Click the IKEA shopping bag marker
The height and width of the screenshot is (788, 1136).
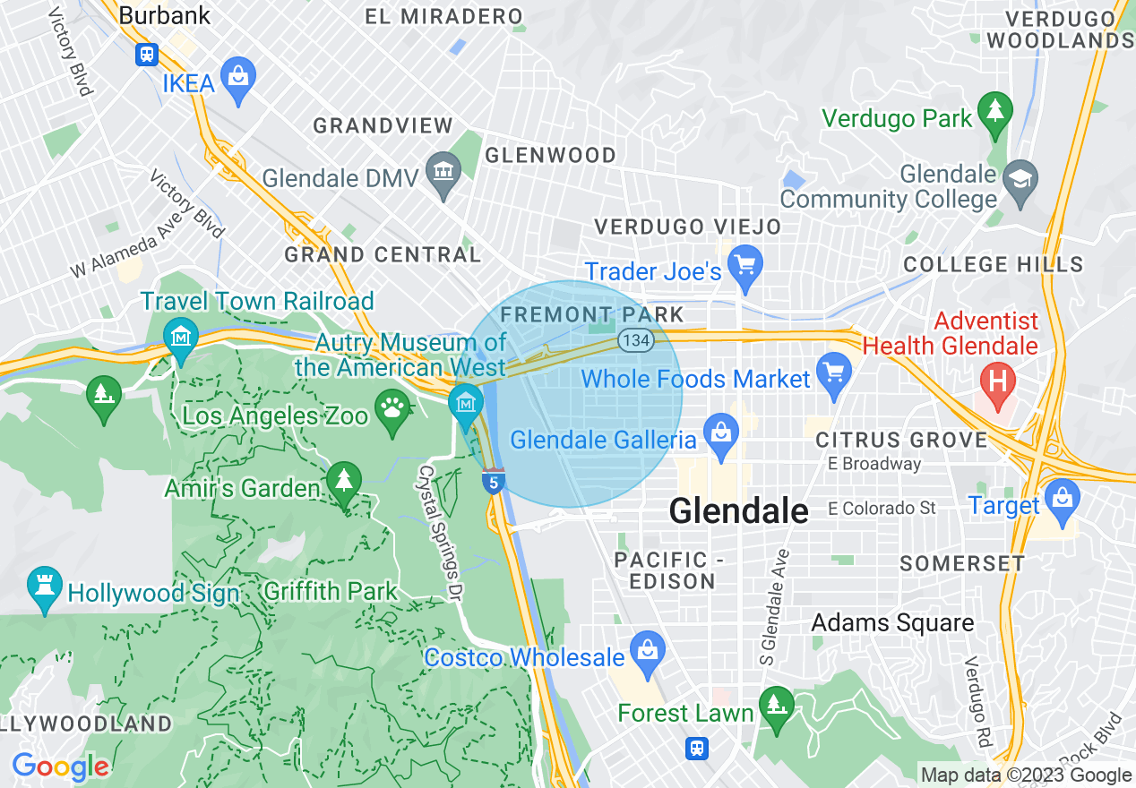point(237,76)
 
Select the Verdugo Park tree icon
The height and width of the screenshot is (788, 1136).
point(994,110)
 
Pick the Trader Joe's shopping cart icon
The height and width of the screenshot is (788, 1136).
point(744,264)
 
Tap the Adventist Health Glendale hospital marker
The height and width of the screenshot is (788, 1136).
point(999,381)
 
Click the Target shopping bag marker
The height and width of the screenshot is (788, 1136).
point(1062,497)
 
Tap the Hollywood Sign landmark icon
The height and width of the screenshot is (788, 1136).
point(44,585)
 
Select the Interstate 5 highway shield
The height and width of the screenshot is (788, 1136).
point(493,480)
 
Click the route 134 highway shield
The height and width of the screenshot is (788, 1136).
point(634,339)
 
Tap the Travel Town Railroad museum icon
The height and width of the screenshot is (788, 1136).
point(181,337)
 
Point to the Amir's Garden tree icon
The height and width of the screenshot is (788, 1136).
point(343,480)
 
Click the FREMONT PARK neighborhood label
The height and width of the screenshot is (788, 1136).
point(592,315)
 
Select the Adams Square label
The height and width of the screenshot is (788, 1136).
point(892,623)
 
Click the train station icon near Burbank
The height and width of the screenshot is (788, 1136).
point(147,55)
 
